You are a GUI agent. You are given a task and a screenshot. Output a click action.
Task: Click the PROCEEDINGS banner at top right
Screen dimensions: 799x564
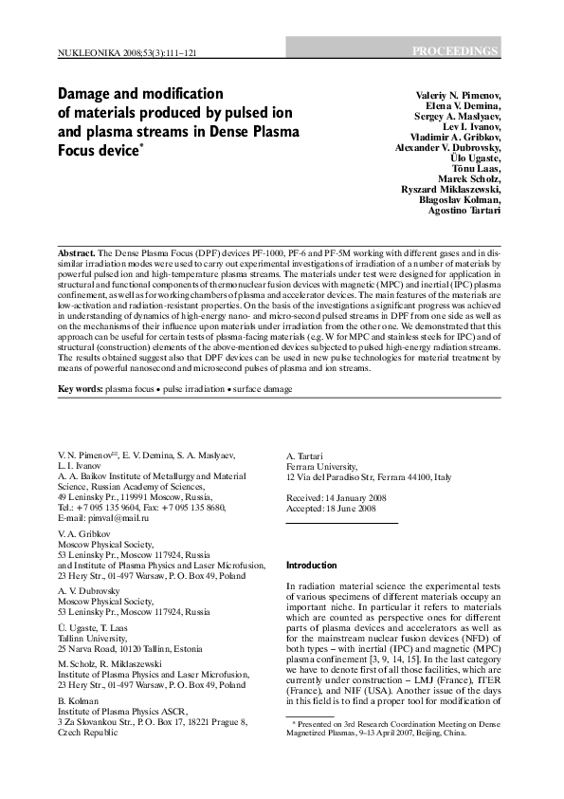tap(455, 50)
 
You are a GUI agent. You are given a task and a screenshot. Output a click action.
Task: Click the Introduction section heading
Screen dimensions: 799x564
tap(312, 565)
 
